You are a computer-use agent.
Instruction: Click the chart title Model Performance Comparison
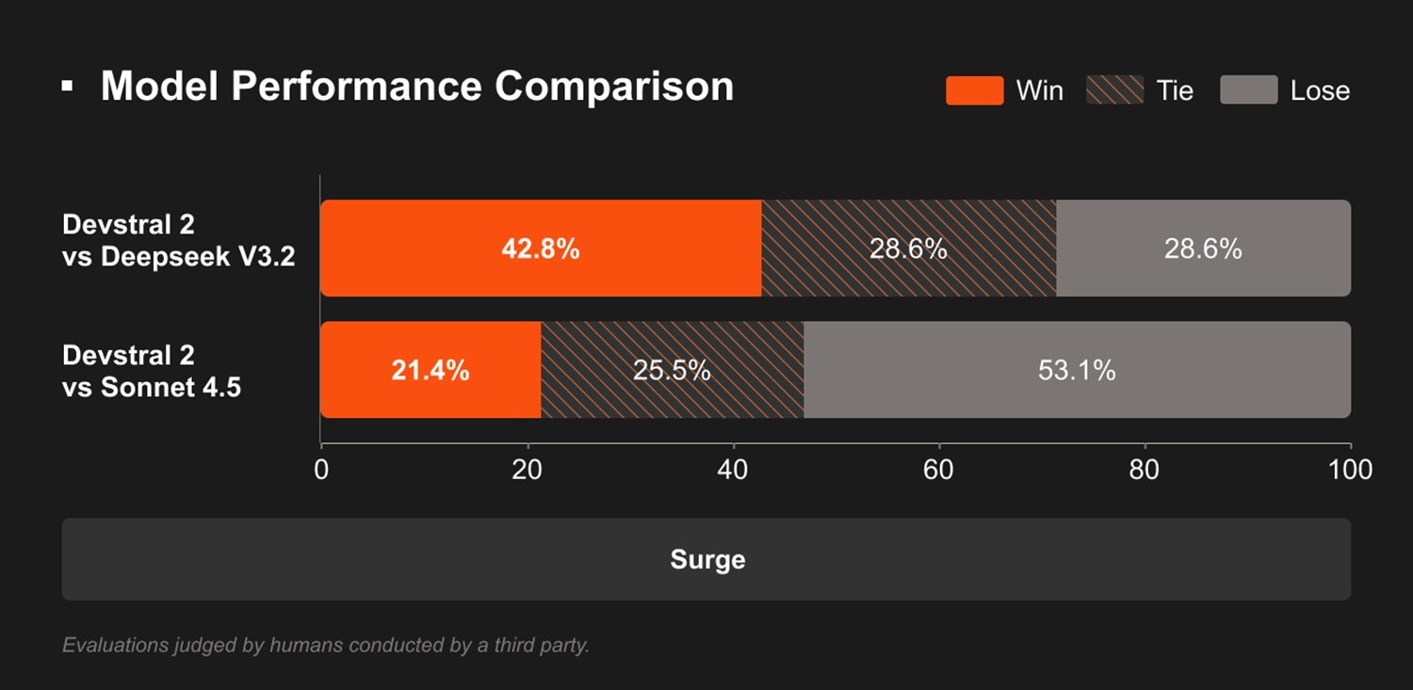click(x=416, y=87)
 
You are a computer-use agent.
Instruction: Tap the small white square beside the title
click(x=67, y=87)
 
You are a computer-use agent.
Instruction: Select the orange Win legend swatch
click(x=974, y=90)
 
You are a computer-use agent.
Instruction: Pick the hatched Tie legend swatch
click(x=1114, y=90)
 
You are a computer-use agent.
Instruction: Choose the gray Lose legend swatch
click(x=1248, y=90)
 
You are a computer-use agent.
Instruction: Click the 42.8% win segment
click(x=541, y=249)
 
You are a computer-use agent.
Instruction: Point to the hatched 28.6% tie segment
click(x=908, y=249)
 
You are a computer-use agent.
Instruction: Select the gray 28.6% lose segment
click(x=1203, y=249)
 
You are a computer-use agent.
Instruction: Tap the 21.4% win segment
click(x=430, y=370)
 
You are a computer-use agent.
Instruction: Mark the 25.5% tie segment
click(x=672, y=370)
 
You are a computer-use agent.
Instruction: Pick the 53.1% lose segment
click(x=1077, y=370)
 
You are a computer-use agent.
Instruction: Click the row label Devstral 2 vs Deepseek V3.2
click(x=178, y=240)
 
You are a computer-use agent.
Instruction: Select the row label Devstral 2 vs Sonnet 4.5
click(x=152, y=371)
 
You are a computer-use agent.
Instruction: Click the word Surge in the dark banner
click(x=707, y=560)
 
